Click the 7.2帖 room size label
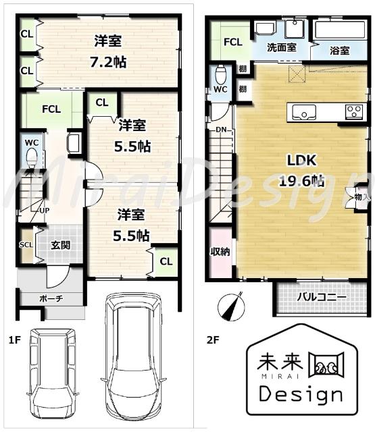tap(109, 62)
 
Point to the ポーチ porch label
tap(51, 298)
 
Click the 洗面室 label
tap(282, 49)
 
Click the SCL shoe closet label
tap(26, 245)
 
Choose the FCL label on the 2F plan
tap(233, 42)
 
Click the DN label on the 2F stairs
tap(221, 129)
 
